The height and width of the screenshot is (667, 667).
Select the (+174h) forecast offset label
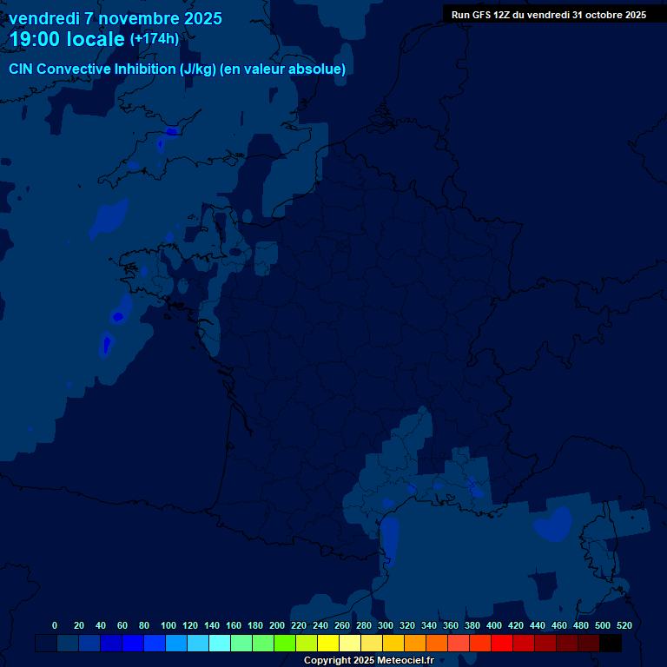pos(154,39)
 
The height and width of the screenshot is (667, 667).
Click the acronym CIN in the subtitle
pos(21,69)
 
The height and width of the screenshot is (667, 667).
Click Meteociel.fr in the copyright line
pos(405,661)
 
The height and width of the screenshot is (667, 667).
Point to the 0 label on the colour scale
pos(55,625)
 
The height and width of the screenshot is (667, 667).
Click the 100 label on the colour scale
pos(168,625)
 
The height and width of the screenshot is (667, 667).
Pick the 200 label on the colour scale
pos(277,625)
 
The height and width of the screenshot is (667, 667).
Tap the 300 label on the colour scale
pos(386,625)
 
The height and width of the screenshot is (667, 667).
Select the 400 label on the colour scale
pos(494,625)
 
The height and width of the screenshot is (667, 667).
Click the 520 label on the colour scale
pos(624,625)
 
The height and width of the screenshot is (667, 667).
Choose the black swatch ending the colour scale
pos(611,644)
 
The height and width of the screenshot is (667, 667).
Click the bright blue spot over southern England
pos(171,132)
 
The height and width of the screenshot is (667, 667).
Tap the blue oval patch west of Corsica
pos(552,523)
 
